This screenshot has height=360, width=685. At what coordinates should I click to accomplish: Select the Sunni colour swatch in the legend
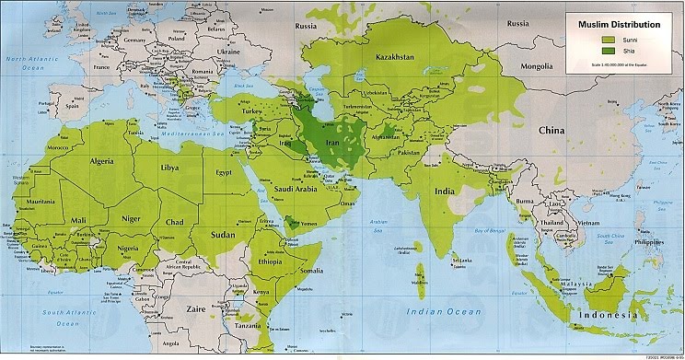608,40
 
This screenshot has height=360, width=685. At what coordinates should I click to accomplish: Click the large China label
551,130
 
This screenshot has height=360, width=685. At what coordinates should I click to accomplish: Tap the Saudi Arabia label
297,189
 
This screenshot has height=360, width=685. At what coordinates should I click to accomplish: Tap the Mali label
80,219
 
